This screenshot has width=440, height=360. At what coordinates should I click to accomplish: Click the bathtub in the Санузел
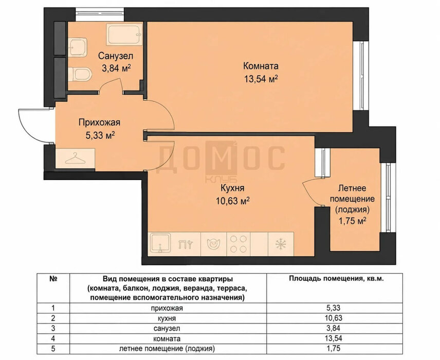point(124,34)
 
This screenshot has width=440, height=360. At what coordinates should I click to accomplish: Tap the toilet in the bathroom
point(80,74)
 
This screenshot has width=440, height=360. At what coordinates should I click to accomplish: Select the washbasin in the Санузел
point(77,47)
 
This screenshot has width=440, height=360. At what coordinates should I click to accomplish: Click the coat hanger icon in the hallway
point(75,158)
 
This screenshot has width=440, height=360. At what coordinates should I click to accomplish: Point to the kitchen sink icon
point(160,243)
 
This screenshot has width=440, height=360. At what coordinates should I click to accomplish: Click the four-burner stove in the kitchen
point(238,244)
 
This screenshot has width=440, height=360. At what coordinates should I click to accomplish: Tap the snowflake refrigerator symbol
point(281,244)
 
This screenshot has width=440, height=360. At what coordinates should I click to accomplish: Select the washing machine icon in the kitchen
point(213,244)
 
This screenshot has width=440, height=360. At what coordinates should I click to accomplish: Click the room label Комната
point(261,66)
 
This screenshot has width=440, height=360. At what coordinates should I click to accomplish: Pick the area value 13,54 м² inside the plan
point(261,79)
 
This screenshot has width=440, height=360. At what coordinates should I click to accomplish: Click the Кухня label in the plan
point(233,188)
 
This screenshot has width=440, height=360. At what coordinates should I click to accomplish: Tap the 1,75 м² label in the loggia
point(353,221)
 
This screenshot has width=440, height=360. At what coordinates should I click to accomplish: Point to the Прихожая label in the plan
point(99,123)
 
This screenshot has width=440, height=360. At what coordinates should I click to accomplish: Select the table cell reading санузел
point(167,328)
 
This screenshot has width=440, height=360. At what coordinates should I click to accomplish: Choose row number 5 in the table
point(53,349)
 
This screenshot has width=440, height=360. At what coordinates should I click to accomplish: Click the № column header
point(53,279)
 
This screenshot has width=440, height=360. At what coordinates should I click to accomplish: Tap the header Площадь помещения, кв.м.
point(337,279)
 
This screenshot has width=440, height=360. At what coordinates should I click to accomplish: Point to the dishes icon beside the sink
point(186,244)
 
